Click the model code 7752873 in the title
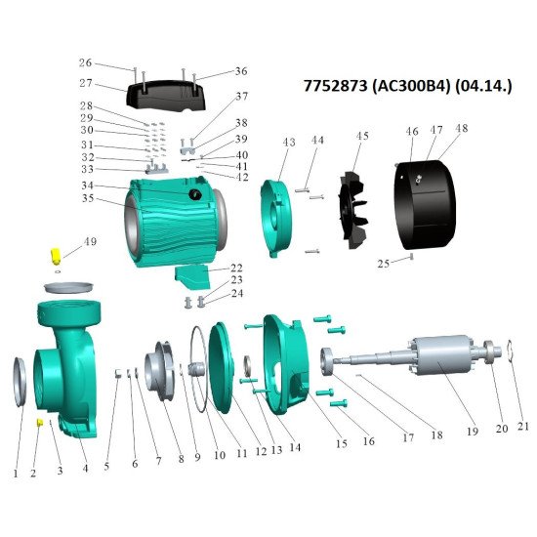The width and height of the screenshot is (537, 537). point(335,86)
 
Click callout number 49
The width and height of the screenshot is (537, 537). point(90,242)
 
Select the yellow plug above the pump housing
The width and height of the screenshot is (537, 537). point(55,256)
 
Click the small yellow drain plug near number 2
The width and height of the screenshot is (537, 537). point(40,422)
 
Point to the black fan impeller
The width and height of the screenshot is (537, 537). point(351,210)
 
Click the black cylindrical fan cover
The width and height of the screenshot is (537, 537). point(426,204)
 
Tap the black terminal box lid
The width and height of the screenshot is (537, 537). point(166,96)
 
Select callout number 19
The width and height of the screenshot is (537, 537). point(473,432)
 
